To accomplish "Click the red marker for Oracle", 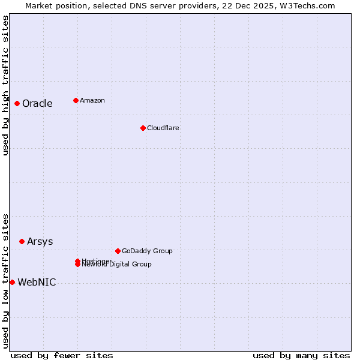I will (x=17, y=103).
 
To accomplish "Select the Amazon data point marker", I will (x=76, y=100).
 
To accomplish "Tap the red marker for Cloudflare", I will (x=143, y=128).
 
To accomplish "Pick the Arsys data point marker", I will (x=22, y=241).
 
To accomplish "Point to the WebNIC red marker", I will (x=12, y=282).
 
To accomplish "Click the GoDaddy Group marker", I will (x=118, y=251).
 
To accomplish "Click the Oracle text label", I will (x=37, y=103).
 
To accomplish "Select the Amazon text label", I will (x=92, y=100).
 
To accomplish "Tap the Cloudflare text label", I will (x=163, y=128).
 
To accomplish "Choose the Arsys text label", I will (x=40, y=241).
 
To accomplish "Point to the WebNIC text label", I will (x=37, y=282).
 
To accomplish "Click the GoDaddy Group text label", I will (x=146, y=251).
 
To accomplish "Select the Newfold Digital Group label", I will (x=117, y=265).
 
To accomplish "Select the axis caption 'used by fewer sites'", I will (x=62, y=355).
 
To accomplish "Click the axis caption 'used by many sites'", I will (x=301, y=355).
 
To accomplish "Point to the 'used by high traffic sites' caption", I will (x=5, y=85).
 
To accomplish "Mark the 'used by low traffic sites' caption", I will (x=5, y=281).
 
